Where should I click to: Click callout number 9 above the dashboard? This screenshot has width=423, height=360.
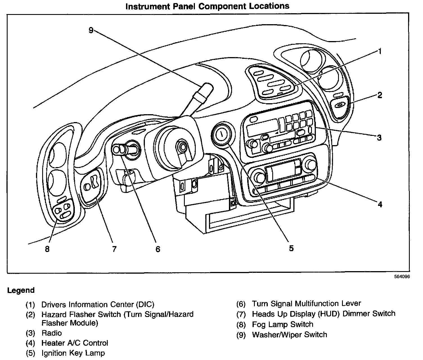click(x=91, y=30)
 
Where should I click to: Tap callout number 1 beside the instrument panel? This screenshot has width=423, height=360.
click(x=380, y=51)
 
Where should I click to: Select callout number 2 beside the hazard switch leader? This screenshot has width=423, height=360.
click(x=380, y=95)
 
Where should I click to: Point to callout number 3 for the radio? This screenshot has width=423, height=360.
click(x=379, y=138)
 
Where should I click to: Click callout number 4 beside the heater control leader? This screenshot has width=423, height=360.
click(x=380, y=204)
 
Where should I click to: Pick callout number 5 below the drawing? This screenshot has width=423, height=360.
click(x=291, y=248)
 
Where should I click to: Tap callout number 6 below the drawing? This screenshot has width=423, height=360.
click(x=158, y=249)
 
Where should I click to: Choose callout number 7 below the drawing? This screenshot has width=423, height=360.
click(x=114, y=249)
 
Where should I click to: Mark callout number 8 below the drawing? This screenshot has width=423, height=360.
click(x=47, y=249)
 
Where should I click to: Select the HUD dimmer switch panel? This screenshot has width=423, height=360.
click(x=91, y=185)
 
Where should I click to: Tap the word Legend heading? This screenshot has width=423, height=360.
click(x=21, y=290)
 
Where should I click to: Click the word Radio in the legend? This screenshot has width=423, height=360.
click(x=51, y=333)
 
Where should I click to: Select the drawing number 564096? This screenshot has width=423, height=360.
click(x=402, y=276)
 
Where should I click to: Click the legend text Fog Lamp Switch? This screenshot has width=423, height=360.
click(x=283, y=324)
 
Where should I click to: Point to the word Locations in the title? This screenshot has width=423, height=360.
click(x=269, y=6)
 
